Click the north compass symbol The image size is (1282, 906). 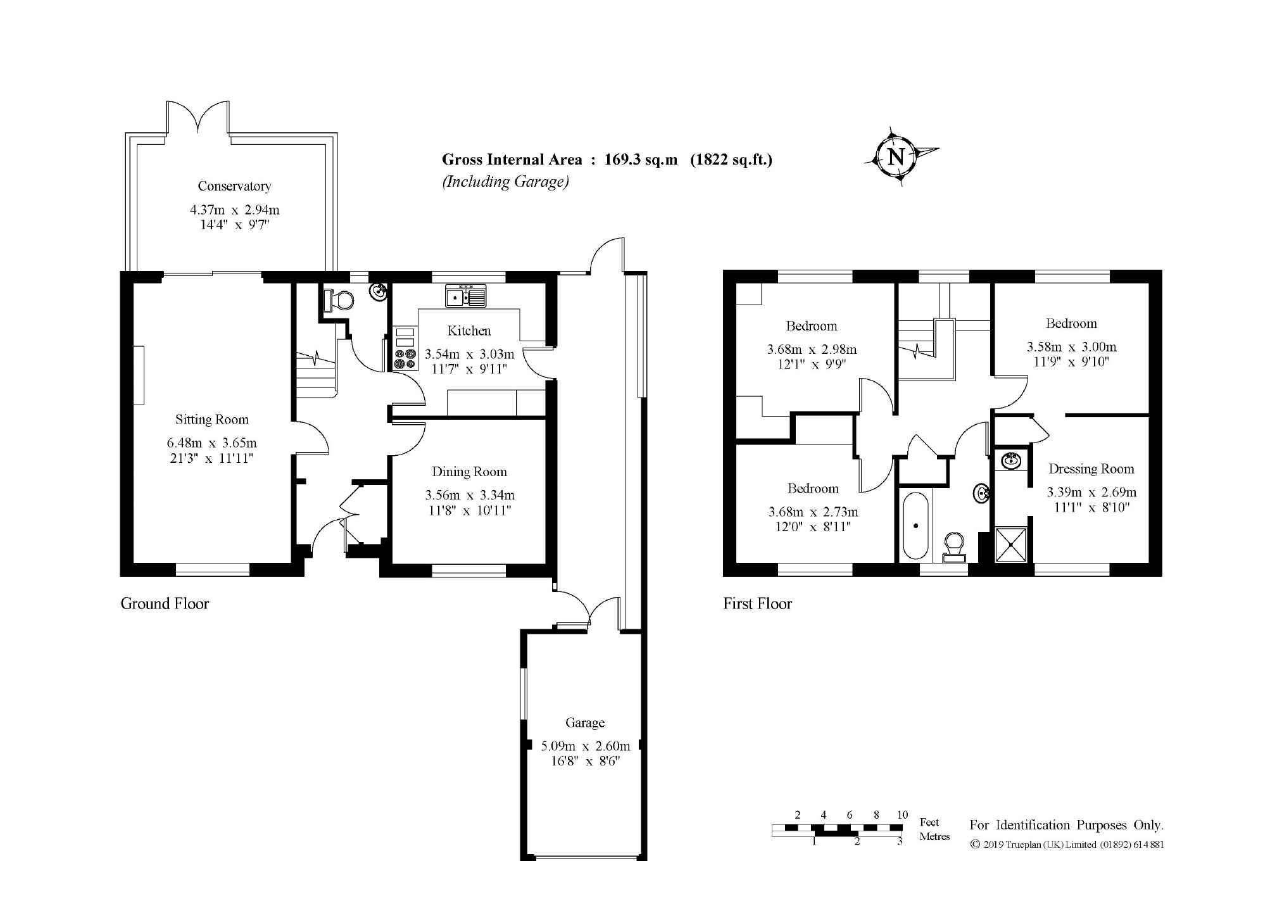coord(896,156)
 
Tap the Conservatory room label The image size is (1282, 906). coord(234,186)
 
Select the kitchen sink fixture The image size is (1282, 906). coord(465,296)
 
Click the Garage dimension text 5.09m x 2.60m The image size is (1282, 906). coord(585,746)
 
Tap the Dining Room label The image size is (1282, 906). coord(469,472)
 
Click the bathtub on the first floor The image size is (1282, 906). coord(915,525)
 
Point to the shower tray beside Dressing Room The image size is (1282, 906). coord(1010,544)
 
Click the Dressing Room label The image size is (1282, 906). coord(1091,469)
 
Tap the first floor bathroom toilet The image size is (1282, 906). coord(953,546)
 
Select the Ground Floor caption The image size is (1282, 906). coord(165,603)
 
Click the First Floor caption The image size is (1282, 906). coord(757,603)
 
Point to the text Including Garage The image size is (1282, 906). coord(505,182)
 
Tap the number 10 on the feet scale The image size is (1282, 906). coord(902,815)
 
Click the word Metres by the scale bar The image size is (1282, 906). coord(934,836)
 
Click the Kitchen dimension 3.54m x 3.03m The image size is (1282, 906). coord(469,354)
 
